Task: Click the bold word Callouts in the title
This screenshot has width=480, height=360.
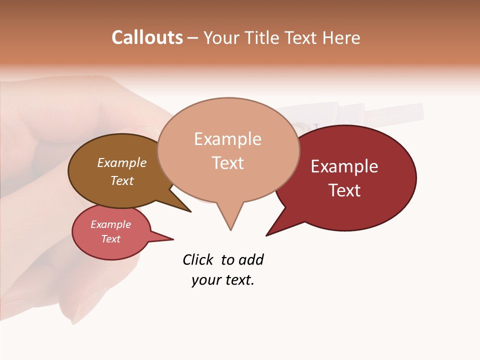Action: (147, 37)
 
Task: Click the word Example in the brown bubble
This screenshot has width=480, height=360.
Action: (121, 162)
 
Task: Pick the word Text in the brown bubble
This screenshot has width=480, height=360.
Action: (121, 180)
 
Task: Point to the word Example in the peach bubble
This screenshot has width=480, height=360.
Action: (227, 139)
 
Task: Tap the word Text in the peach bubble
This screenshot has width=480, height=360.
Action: (227, 163)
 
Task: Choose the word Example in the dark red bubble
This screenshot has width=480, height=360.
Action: (344, 166)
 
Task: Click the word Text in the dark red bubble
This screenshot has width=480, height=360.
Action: (344, 190)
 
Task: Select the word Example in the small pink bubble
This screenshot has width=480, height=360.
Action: (110, 224)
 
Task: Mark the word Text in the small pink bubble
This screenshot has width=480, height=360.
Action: (110, 239)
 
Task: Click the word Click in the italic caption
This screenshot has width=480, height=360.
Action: (197, 259)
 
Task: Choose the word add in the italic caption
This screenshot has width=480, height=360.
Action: (251, 259)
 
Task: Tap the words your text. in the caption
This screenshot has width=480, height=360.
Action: (222, 280)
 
